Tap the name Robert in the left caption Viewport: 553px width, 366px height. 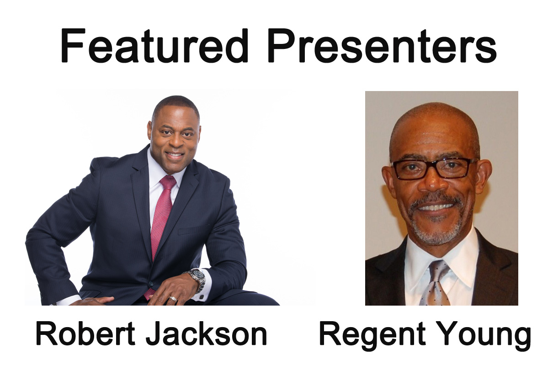pos(83,334)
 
